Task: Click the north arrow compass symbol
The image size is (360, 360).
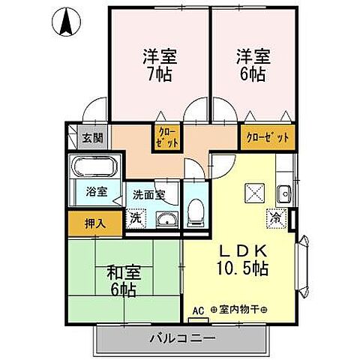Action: click(x=67, y=22)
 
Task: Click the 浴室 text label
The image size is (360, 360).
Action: click(x=96, y=191)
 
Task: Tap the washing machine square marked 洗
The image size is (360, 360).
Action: click(x=135, y=219)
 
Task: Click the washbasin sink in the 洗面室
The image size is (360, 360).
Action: click(x=165, y=220)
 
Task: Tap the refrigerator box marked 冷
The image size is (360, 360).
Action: click(x=276, y=218)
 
